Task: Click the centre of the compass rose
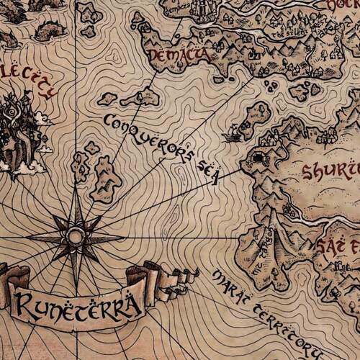76,236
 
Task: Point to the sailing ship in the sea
233,134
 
